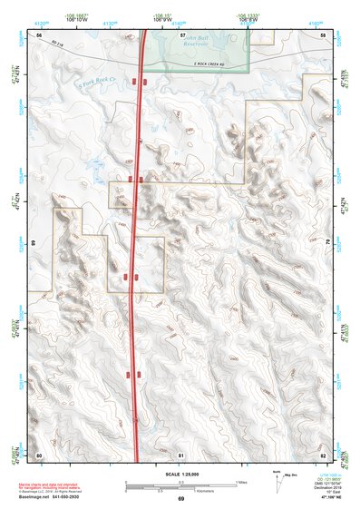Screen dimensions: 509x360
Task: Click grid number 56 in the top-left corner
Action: click(39, 34)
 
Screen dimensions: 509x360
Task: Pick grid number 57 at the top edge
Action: click(182, 34)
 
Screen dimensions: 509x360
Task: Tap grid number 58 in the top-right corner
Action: click(323, 34)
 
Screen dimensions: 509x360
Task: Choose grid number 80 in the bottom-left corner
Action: click(39, 454)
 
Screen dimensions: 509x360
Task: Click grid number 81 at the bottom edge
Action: click(182, 454)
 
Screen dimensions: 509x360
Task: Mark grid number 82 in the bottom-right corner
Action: click(323, 454)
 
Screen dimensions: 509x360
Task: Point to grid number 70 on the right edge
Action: click(327, 243)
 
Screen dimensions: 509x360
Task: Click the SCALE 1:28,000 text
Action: click(180, 474)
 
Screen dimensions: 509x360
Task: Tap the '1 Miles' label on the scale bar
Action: click(241, 482)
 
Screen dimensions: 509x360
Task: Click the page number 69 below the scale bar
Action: click(180, 500)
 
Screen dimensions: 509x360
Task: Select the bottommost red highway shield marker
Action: click(132, 373)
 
